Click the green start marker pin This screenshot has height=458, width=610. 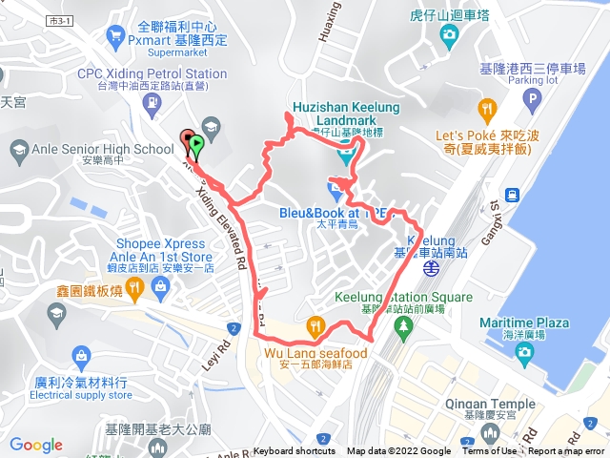coord(195,147)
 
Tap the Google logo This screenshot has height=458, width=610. coord(36,445)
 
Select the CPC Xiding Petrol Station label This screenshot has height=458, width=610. coord(152,73)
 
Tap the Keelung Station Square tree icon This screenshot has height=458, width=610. coord(403,326)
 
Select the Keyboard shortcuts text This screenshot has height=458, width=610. coord(295,451)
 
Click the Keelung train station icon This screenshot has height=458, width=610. coord(431,269)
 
